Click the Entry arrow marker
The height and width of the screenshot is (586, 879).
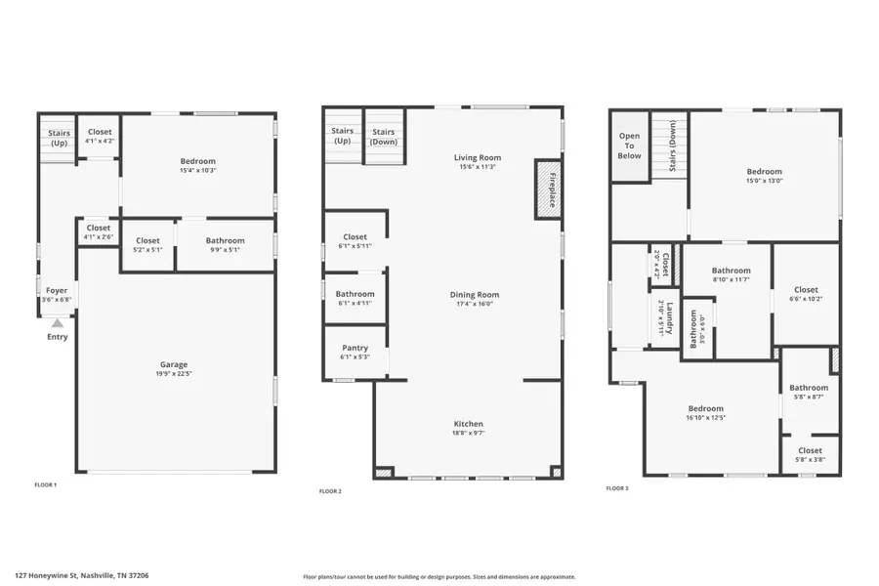[58, 323]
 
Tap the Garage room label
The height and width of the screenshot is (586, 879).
[174, 364]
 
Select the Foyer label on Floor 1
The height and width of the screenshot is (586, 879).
[57, 290]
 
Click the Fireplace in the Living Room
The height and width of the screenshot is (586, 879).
[549, 188]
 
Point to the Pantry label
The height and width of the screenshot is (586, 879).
[355, 348]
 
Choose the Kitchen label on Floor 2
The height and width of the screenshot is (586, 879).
[468, 424]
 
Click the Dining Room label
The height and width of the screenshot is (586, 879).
[474, 295]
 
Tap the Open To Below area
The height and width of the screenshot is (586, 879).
[630, 146]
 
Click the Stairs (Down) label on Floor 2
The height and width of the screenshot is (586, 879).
[384, 136]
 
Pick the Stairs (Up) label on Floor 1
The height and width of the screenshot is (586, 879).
[57, 137]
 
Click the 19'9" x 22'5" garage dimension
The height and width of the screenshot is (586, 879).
[174, 374]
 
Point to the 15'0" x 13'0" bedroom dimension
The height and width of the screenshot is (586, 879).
[764, 180]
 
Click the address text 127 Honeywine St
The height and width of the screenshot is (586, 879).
[82, 575]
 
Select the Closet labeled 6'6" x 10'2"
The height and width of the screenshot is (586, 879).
[806, 289]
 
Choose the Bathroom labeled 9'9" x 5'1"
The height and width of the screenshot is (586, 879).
[225, 240]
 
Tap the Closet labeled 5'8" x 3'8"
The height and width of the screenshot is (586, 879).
[810, 450]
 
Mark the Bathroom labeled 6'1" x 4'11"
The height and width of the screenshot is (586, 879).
[355, 294]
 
